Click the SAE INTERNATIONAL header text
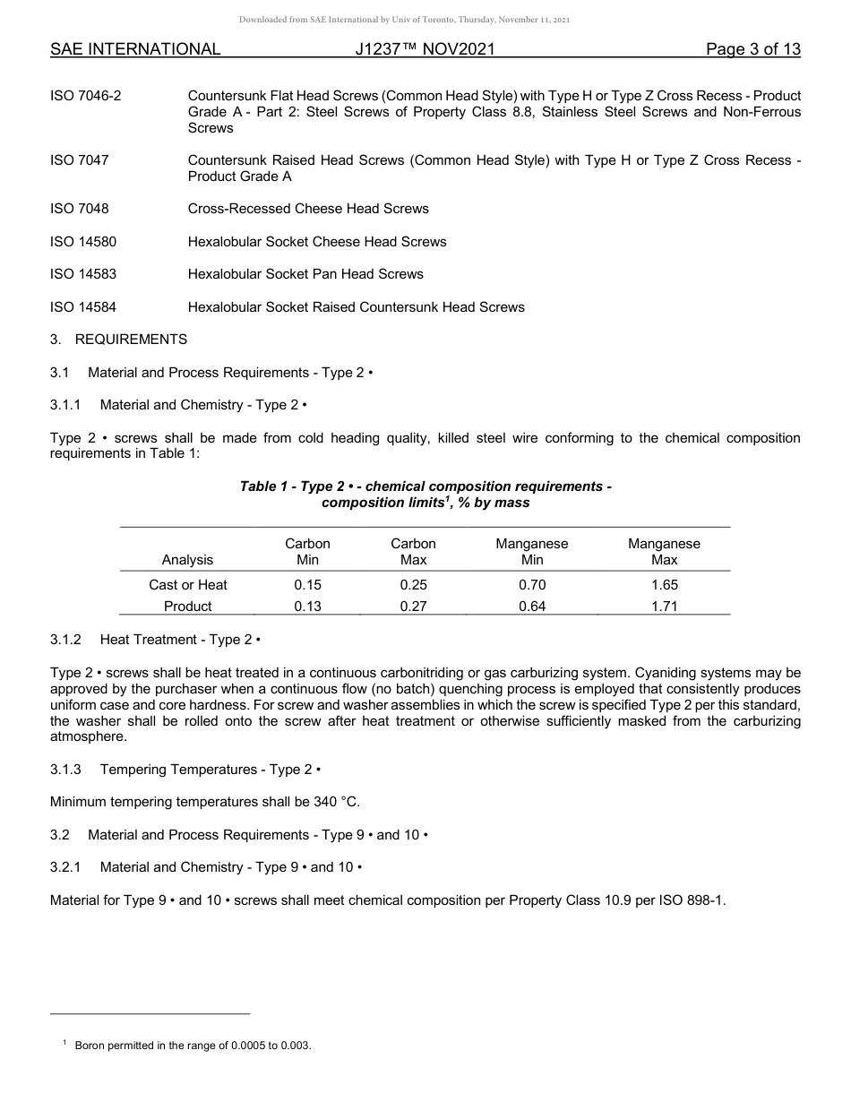click(135, 49)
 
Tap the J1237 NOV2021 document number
click(425, 49)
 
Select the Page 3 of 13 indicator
click(752, 49)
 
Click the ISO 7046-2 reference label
click(86, 96)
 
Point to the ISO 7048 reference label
click(80, 209)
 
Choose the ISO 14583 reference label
click(83, 274)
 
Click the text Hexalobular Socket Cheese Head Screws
click(317, 242)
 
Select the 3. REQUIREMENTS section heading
click(119, 340)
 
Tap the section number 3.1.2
click(66, 640)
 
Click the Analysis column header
click(187, 560)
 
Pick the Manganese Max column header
click(664, 552)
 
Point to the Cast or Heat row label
click(187, 585)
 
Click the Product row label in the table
click(187, 607)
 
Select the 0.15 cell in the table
click(307, 585)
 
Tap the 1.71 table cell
click(664, 607)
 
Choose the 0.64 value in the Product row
click(532, 607)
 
